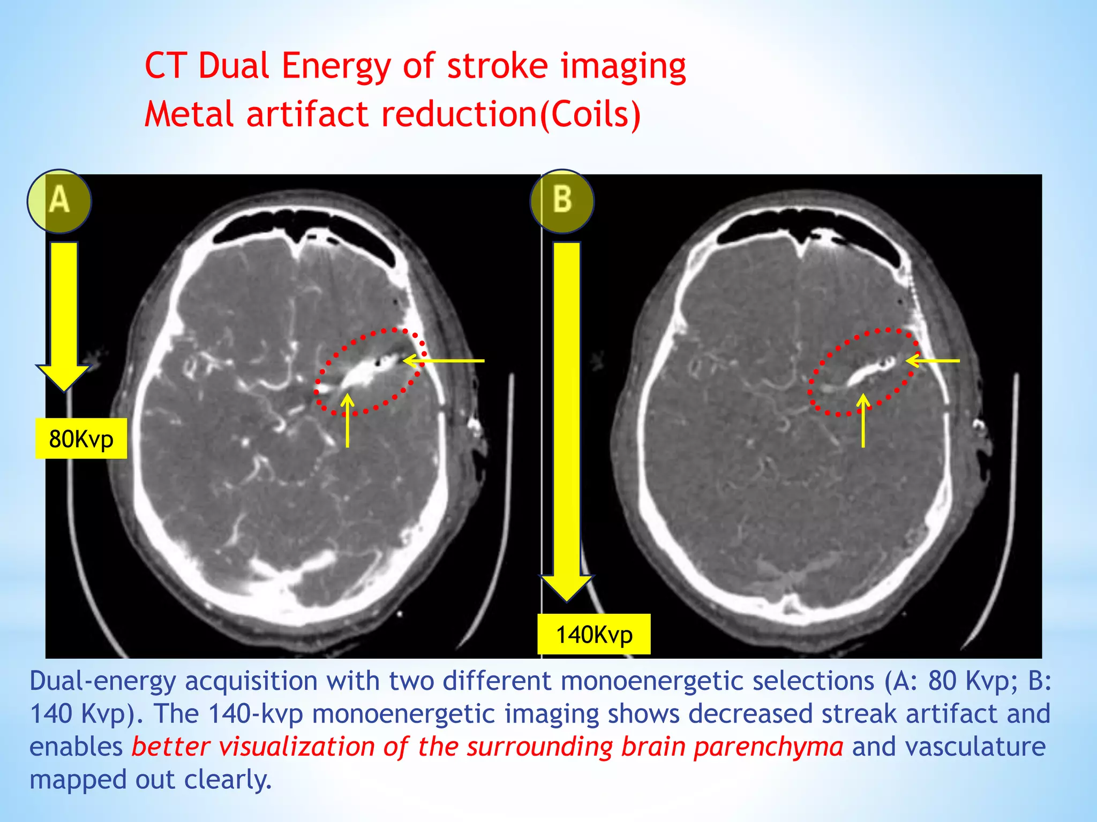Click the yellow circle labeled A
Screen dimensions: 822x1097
coord(59,201)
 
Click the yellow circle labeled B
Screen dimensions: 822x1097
coord(562,201)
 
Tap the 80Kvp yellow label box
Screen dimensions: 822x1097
coord(81,439)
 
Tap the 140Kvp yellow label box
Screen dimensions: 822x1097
coord(594,635)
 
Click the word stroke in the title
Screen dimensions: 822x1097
coord(497,66)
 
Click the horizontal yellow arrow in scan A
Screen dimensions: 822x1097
coord(445,361)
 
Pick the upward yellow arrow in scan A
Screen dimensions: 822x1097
coord(348,421)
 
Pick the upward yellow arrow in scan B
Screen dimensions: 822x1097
coord(863,421)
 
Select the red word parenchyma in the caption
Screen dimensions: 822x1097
coord(768,747)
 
